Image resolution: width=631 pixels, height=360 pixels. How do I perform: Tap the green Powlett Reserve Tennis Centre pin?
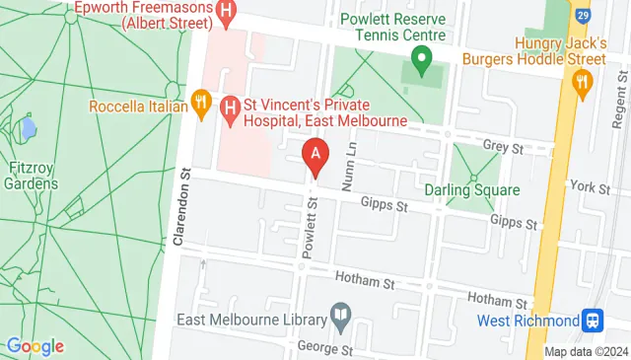tap(422, 65)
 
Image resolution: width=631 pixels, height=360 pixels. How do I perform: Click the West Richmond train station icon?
tap(593, 321)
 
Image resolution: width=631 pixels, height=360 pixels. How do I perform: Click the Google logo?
tap(35, 346)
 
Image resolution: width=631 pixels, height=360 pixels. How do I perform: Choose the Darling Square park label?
tap(471, 189)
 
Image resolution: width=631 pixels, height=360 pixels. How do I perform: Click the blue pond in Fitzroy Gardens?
tap(29, 129)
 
